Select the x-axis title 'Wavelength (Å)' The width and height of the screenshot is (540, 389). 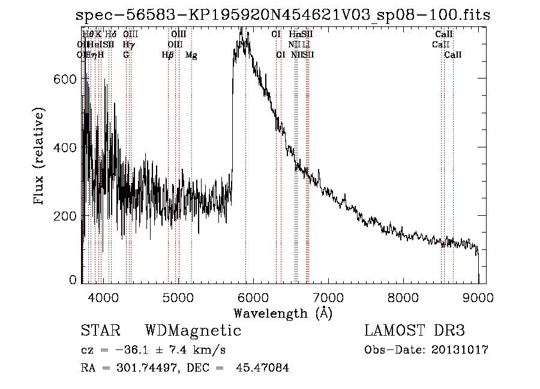click(283, 313)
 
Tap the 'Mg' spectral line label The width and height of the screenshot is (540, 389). click(191, 55)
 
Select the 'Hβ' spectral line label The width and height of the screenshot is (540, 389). click(168, 55)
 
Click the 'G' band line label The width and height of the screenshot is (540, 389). click(126, 55)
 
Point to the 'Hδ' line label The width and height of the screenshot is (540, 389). click(110, 35)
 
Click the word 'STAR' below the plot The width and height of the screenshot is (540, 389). click(100, 331)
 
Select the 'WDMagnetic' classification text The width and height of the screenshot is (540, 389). click(193, 331)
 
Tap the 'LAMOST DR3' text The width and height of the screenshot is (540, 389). click(415, 331)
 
